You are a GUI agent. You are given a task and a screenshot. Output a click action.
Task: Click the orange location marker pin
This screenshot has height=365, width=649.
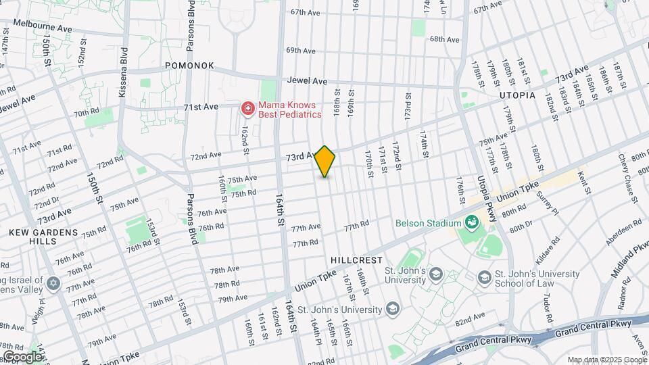coord(325,162)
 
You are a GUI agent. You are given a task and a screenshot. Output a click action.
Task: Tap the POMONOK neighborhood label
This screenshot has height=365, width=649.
coord(190,66)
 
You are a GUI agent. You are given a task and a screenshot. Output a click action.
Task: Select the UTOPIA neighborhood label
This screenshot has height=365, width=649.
coord(517,95)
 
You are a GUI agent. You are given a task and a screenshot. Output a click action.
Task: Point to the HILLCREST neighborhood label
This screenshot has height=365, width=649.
coord(357,260)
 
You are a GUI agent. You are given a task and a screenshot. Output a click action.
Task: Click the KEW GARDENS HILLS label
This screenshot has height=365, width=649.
coord(37,237)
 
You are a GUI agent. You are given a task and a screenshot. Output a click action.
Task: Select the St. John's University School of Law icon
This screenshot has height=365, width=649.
coord(484,278)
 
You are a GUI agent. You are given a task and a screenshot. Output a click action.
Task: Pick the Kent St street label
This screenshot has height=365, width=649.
coord(585,182)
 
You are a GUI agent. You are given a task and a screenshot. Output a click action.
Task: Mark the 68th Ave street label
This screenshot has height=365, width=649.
coord(445,39)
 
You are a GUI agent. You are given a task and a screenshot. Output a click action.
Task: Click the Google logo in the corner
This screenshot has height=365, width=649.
coord(22,356)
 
